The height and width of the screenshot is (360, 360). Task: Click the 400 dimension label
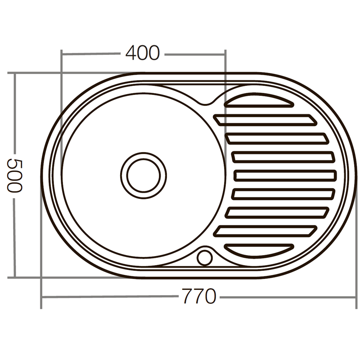142,54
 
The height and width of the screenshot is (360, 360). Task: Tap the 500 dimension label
14,175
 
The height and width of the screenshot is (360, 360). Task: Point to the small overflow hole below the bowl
204,257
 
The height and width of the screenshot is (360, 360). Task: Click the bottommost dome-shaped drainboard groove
259,249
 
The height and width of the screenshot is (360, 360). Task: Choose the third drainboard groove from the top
277,138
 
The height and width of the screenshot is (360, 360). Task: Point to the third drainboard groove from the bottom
277,212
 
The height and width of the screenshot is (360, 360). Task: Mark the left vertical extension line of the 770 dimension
41,292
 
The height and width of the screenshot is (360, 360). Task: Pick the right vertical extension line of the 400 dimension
225,67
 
